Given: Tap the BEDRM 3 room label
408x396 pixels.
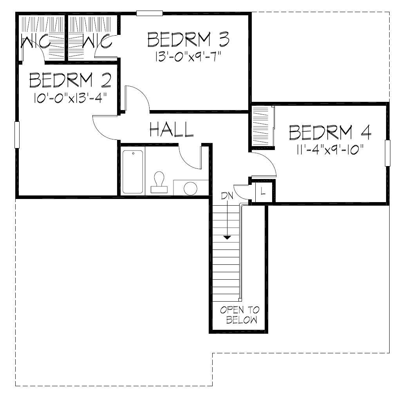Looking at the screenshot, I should (188, 40).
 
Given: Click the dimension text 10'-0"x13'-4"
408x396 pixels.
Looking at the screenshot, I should (70, 97).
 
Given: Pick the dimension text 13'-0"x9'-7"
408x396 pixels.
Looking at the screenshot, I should (188, 56).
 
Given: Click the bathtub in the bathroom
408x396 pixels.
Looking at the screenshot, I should (132, 172).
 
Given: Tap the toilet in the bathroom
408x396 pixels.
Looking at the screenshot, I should (159, 183).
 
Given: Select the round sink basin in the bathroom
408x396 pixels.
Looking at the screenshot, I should (191, 188).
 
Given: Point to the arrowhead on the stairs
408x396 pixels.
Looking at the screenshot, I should (227, 237).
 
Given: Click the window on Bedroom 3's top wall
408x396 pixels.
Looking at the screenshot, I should (149, 13).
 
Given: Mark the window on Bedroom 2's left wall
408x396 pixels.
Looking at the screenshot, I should (17, 135).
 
